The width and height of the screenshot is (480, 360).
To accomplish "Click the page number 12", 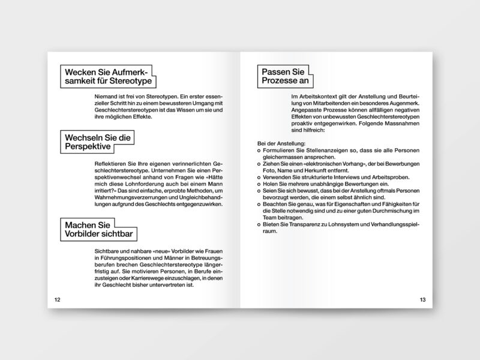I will point(58,299).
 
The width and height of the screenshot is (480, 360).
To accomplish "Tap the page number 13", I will point(422,299).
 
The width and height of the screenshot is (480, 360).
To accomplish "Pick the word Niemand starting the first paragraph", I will point(107,96).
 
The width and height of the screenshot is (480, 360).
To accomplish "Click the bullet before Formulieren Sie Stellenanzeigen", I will point(259,151).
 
